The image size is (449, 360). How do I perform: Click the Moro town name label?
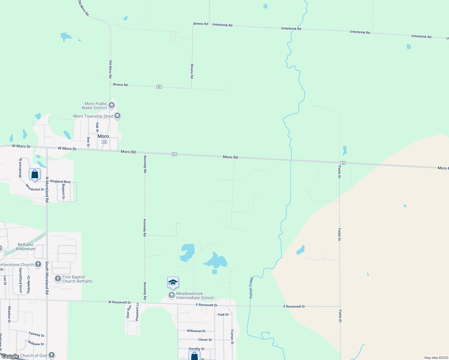103,136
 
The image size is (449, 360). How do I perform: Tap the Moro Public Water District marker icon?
112,105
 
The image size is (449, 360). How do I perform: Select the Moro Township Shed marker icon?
117,116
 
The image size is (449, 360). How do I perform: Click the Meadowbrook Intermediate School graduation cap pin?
173,283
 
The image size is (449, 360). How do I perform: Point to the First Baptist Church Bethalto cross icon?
58,279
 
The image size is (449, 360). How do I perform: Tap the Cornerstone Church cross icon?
38,264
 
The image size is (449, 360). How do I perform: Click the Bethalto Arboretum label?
26,247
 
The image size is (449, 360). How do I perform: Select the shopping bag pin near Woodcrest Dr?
35,174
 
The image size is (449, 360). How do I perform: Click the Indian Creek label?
251,288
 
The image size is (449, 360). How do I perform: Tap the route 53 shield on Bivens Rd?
159,87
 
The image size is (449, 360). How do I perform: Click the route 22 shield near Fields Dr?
343,163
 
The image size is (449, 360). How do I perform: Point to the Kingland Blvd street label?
60,181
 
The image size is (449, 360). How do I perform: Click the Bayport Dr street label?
63,191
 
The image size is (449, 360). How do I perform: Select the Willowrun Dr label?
196,331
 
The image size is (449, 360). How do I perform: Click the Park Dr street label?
223,315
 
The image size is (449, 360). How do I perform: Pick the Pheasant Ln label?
137,312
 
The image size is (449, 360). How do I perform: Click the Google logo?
10,356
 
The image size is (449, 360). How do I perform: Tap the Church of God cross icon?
52,355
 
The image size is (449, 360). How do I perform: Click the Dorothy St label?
197,349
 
